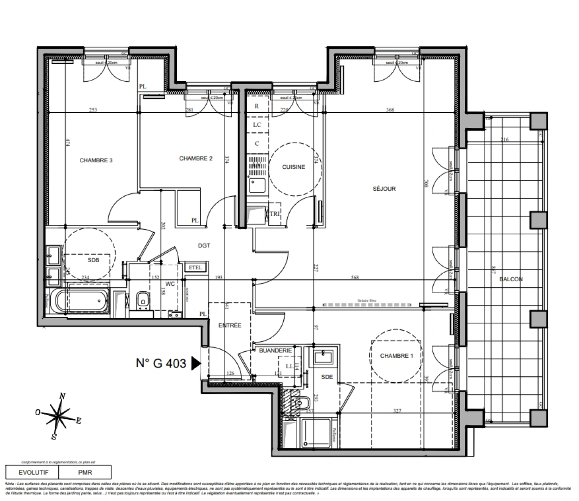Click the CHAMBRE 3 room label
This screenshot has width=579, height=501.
pos(96,161)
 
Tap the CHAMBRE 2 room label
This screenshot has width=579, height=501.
pos(195,159)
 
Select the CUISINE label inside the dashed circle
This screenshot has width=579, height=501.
pos(293,167)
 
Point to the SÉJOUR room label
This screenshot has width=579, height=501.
pos(384,189)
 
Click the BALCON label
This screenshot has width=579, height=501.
pos(511,279)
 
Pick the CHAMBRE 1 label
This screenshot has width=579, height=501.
pos(396,356)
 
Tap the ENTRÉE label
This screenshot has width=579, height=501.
pos(230,326)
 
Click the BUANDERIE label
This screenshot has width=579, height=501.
pos(275,351)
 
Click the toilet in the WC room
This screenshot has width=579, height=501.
pos(143,300)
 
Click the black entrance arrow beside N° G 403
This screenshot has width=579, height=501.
pos(196,363)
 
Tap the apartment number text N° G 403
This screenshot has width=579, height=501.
pos(161,363)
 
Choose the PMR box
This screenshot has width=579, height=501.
pos(85,473)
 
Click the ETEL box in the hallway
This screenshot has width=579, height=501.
pos(195,267)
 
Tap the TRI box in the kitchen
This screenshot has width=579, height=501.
pos(274,214)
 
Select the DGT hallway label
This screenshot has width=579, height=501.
pos(204,246)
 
